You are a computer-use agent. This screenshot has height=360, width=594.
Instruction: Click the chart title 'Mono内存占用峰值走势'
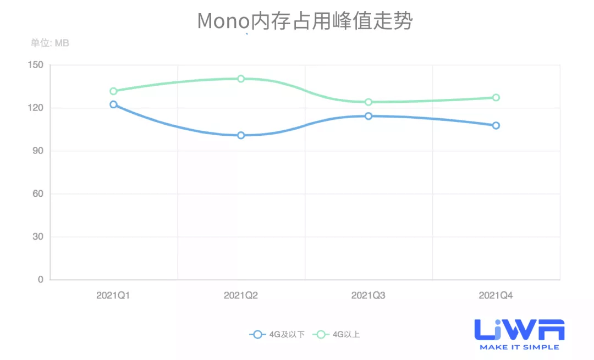305,21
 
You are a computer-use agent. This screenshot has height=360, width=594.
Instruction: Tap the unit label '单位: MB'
50,43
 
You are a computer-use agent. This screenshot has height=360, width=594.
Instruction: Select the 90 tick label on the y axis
37,151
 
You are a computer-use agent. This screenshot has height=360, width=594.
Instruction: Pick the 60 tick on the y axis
37,194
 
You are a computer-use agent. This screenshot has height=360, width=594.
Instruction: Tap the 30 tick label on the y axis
37,237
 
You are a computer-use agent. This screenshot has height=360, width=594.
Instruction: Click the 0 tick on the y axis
40,280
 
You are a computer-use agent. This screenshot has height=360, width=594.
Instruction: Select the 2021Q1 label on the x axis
113,296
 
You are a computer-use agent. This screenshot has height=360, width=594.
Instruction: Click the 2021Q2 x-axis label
241,296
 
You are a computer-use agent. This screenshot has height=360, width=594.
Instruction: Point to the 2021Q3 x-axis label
369,296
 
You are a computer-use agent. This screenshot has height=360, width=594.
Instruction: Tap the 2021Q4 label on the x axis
496,296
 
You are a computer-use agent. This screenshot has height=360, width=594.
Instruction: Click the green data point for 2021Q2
241,79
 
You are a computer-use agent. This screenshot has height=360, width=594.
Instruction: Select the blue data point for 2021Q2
241,135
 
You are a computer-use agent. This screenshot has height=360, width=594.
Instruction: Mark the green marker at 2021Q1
113,91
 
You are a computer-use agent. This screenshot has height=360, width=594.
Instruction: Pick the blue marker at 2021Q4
496,125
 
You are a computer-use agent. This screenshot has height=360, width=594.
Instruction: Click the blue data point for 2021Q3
369,116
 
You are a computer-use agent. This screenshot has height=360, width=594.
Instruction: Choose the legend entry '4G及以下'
278,334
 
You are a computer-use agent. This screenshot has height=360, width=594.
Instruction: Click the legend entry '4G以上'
337,334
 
